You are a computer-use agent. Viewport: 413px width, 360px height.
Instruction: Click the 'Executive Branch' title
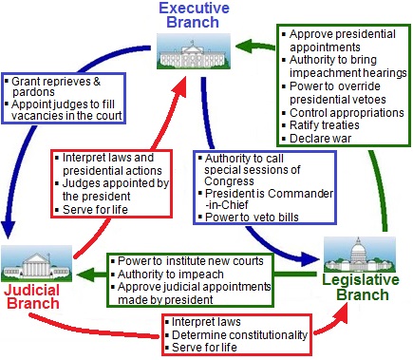tap(194, 15)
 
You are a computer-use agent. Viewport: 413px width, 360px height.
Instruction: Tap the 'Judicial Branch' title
tap(32, 296)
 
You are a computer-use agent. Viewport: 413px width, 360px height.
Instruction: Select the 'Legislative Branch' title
tap(361, 287)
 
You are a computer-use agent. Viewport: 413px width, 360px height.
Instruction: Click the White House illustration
tap(194, 51)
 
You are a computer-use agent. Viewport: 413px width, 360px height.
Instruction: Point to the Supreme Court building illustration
tap(37, 263)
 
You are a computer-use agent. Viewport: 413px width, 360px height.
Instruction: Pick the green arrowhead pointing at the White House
tap(245, 47)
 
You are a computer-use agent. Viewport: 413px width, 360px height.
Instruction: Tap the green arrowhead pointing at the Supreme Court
tap(84, 275)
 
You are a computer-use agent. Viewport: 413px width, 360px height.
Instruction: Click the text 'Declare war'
tap(320, 139)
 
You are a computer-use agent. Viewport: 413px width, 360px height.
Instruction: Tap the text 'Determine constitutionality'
tap(239, 334)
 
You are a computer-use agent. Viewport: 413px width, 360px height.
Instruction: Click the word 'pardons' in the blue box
tap(33, 92)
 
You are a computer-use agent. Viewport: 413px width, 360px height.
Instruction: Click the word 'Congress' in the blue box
tap(229, 181)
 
